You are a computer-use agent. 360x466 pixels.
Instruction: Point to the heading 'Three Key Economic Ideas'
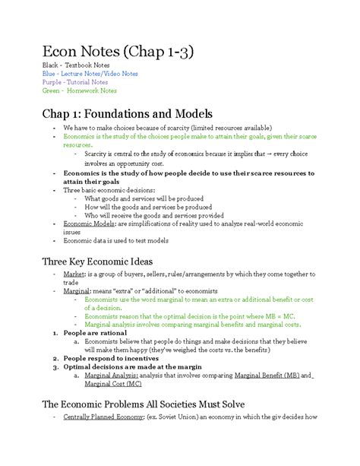coord(100,262)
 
